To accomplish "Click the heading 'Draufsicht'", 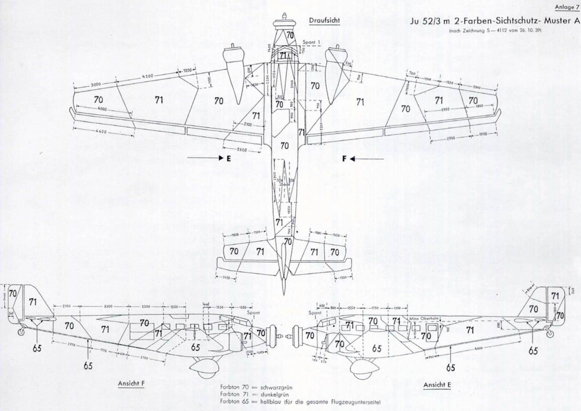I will click(x=324, y=21).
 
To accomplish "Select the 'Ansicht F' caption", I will click(x=131, y=384).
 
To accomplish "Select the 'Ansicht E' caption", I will click(x=437, y=385).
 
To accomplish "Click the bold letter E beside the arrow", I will click(x=229, y=158).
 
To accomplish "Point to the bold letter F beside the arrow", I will click(x=344, y=159).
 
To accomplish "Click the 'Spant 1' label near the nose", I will click(x=310, y=42).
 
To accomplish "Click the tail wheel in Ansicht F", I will click(x=22, y=332).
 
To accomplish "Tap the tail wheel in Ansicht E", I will click(x=549, y=334).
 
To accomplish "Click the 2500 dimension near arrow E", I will click(x=241, y=150).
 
